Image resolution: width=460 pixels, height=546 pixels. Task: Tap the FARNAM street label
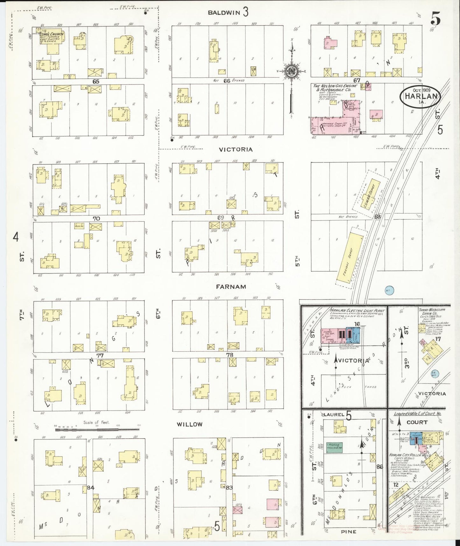(231, 287)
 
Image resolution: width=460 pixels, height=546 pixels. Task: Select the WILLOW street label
(190, 424)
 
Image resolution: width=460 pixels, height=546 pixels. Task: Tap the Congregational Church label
(53, 34)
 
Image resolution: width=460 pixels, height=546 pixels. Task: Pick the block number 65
(96, 82)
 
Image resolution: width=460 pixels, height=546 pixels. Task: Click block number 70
(96, 219)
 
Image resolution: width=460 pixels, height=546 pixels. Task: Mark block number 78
(230, 355)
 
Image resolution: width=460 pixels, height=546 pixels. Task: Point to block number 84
(90, 488)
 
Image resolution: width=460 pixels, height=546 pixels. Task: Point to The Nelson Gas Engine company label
(335, 88)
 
